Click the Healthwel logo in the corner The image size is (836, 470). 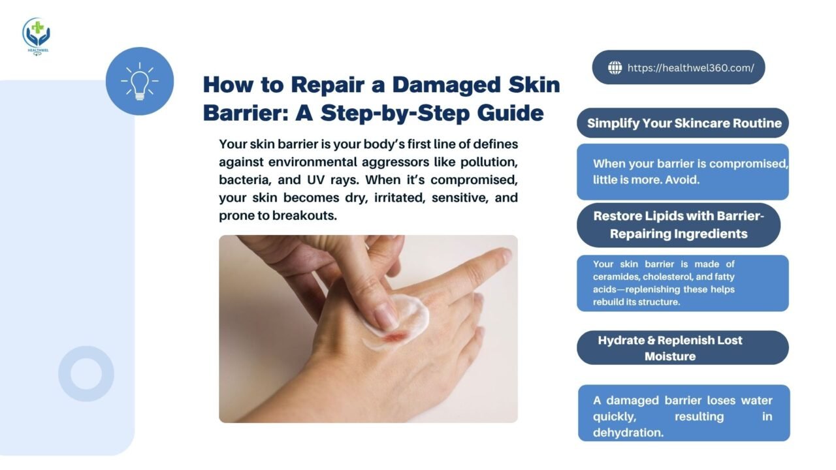(x=36, y=37)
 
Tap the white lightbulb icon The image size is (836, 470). (x=140, y=81)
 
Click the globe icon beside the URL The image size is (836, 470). (x=615, y=67)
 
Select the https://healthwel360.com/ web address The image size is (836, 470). (x=690, y=68)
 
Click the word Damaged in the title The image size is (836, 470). (x=446, y=85)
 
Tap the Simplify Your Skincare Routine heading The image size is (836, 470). (x=684, y=123)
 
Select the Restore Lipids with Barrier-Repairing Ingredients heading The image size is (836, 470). (x=679, y=225)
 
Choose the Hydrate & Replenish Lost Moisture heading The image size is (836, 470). (x=670, y=348)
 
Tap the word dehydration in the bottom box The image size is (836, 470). (x=628, y=433)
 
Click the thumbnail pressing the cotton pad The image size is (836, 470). (x=385, y=317)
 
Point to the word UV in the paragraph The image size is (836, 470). (x=315, y=180)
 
